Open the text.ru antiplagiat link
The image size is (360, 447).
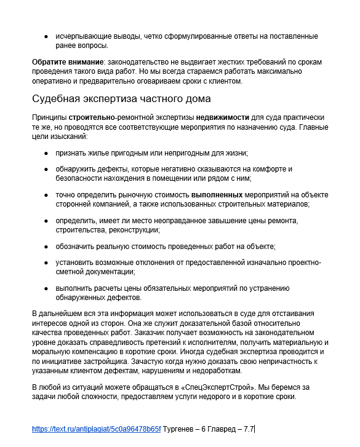coord(96,429)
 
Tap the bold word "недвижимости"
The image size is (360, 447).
coord(223,117)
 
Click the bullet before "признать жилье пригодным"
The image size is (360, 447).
coord(47,153)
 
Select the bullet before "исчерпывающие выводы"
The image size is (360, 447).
coord(47,37)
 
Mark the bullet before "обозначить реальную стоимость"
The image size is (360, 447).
coord(47,247)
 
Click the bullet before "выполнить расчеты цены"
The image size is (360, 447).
coord(47,288)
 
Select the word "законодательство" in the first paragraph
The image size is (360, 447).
coord(138,63)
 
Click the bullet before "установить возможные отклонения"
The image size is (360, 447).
coord(47,263)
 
